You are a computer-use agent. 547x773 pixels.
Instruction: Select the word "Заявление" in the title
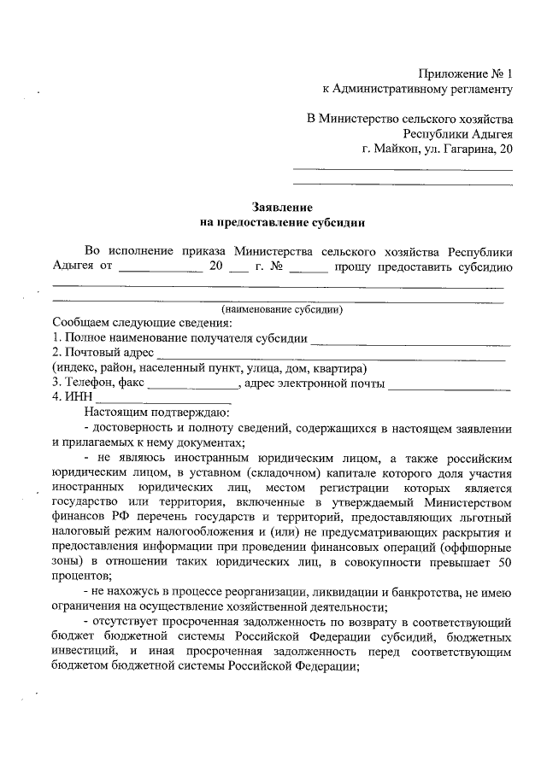[x=282, y=207]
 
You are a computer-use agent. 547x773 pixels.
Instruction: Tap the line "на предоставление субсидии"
[x=282, y=223]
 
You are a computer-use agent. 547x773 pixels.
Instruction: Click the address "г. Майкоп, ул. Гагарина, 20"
[x=437, y=149]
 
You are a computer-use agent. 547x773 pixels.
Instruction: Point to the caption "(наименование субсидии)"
[x=282, y=309]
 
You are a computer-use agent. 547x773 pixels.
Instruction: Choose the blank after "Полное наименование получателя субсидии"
[x=411, y=338]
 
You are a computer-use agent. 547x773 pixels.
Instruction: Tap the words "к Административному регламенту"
[x=417, y=88]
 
